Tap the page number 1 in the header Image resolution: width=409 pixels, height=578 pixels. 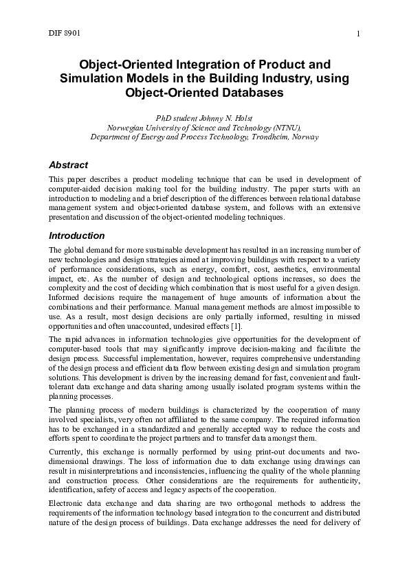(359, 34)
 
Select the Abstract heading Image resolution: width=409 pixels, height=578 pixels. (69, 165)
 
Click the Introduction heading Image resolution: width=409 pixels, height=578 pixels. (76, 235)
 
